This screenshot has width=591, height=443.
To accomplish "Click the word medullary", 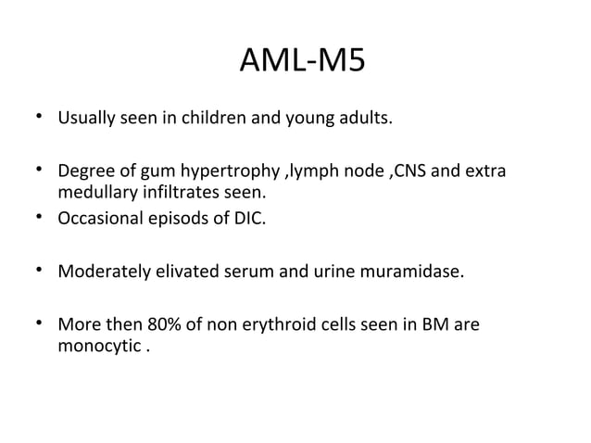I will pyautogui.click(x=96, y=193).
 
